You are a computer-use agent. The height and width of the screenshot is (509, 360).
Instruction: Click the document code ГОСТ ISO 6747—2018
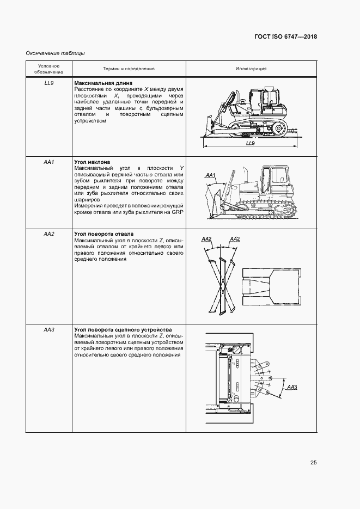click(x=285, y=36)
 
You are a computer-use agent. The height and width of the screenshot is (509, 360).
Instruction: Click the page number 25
click(x=313, y=463)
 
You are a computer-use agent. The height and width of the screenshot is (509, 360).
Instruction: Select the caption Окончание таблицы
click(x=55, y=53)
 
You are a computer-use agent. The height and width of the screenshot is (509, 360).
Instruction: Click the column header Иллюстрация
click(x=251, y=69)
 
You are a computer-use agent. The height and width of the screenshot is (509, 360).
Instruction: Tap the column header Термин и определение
click(x=129, y=69)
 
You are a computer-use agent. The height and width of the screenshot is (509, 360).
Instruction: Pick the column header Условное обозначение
click(x=49, y=69)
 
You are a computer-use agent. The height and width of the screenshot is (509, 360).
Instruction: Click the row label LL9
click(x=48, y=82)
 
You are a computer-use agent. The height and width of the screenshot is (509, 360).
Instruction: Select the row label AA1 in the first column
click(x=48, y=162)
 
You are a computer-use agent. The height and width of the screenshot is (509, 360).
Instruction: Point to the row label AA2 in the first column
click(x=48, y=234)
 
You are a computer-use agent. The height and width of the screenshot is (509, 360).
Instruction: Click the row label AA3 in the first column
click(x=48, y=330)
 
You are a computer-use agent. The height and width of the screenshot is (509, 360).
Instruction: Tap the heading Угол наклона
click(x=92, y=162)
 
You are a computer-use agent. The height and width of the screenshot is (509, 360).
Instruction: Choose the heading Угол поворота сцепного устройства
click(x=123, y=330)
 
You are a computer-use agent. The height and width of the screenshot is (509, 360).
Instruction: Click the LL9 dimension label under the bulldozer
click(x=251, y=143)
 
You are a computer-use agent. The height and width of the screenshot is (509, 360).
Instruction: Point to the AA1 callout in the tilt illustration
click(x=211, y=175)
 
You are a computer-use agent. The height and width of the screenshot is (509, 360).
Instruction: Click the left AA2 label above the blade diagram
click(x=206, y=239)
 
